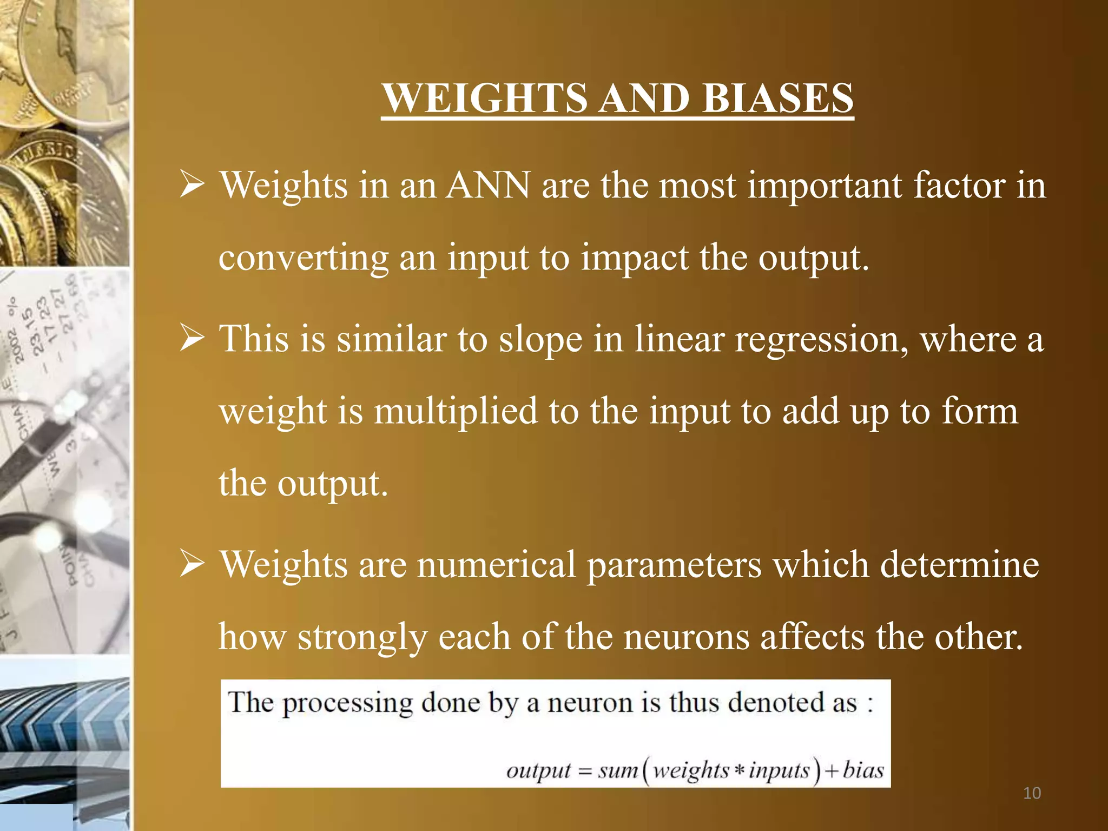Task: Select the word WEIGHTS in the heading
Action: coord(485,98)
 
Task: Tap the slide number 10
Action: coord(1032,793)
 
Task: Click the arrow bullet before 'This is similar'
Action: coord(192,339)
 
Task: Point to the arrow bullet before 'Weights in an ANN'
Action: coord(192,185)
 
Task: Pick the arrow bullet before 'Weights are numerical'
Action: coord(192,564)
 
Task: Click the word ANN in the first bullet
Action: coord(488,185)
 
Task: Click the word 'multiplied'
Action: coord(456,411)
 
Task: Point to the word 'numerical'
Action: coord(496,564)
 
